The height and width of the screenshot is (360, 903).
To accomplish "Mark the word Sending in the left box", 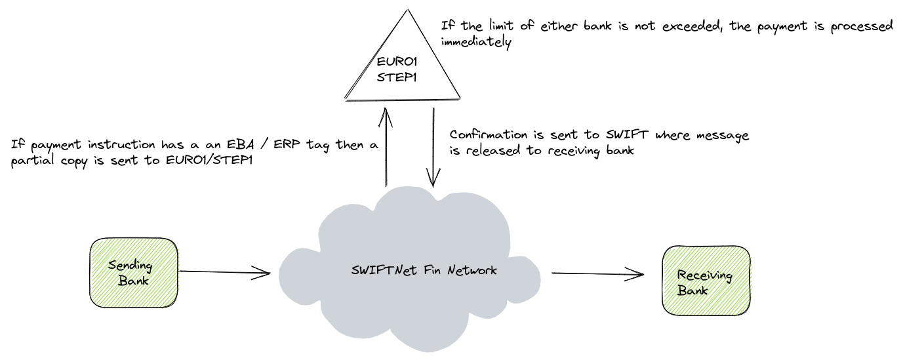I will pos(130,266).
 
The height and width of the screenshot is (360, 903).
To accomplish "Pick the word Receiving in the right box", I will pos(704,275).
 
